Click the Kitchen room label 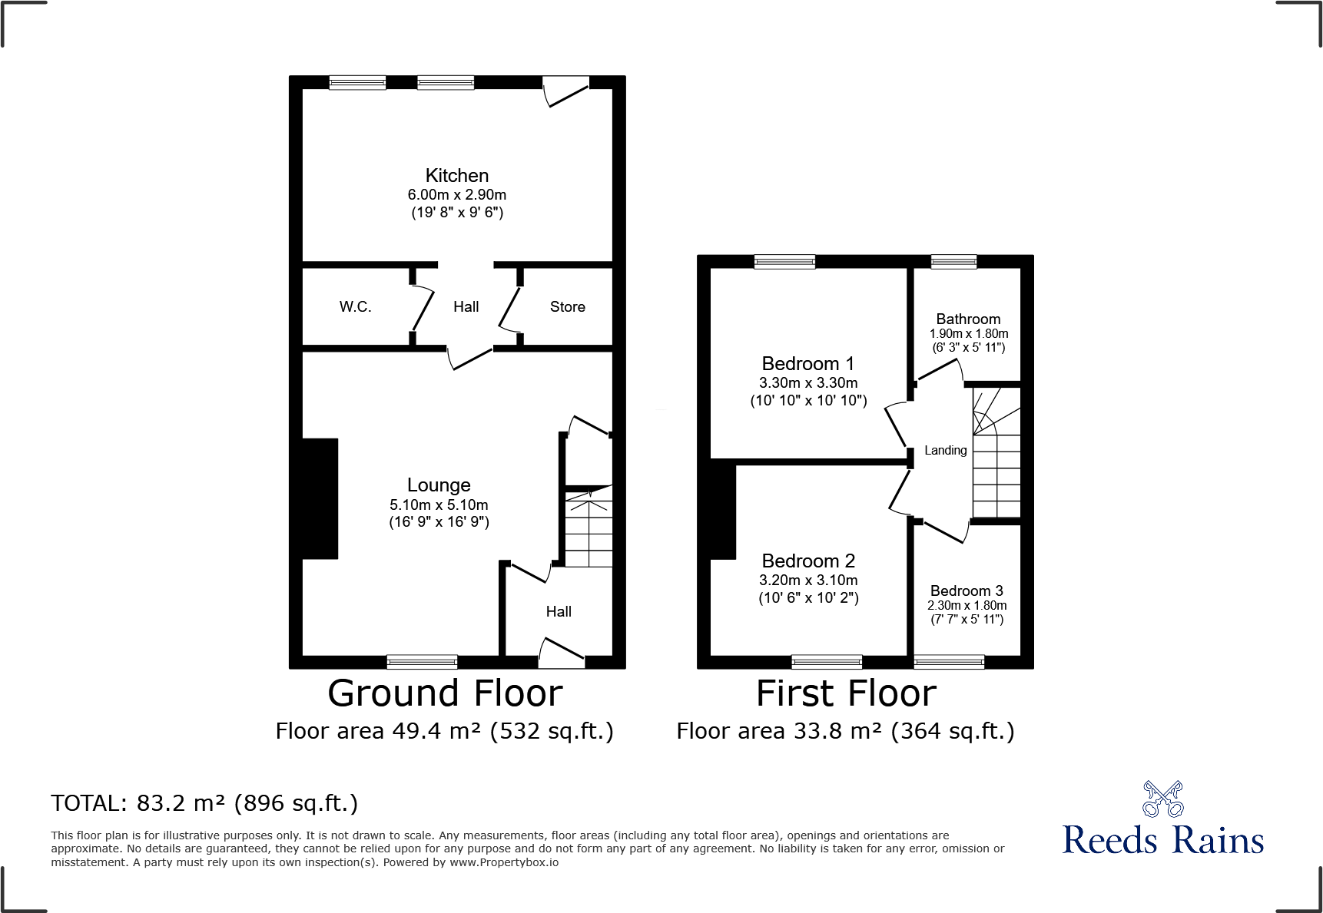(456, 176)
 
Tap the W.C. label (355, 307)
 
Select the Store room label (567, 307)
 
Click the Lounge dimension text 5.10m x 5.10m (439, 505)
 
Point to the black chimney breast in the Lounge (320, 498)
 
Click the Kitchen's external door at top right (565, 91)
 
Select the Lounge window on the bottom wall (422, 661)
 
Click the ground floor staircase (589, 528)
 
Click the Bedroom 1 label (807, 364)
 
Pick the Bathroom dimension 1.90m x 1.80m (968, 334)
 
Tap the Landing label (945, 451)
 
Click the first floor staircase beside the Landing (996, 453)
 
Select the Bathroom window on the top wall (953, 262)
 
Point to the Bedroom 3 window (949, 661)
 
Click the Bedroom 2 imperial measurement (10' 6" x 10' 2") (808, 598)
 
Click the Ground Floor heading (445, 693)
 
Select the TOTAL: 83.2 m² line (204, 803)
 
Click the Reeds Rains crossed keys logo (1162, 799)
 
